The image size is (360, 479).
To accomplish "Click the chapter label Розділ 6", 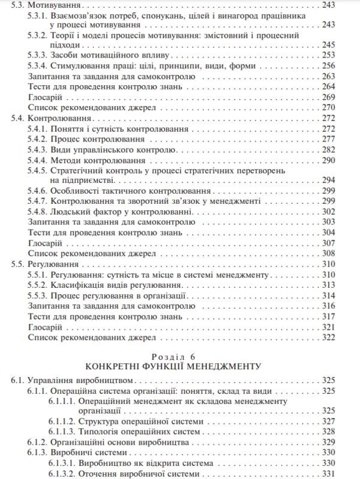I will click(x=180, y=354).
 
